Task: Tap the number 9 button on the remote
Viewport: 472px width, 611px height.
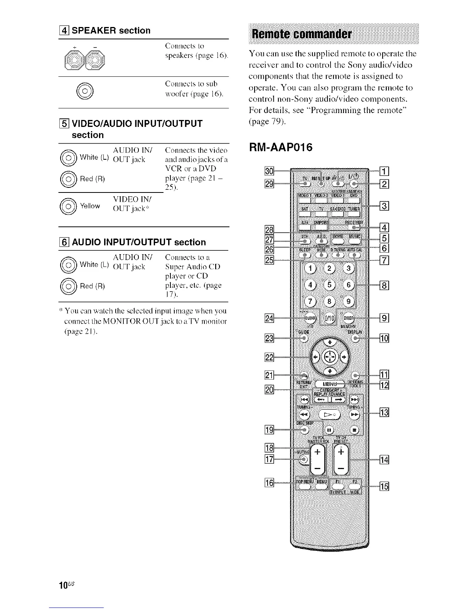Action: [x=349, y=301]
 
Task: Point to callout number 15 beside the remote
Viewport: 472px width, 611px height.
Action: [x=384, y=486]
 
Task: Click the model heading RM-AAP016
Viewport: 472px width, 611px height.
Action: [x=281, y=147]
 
